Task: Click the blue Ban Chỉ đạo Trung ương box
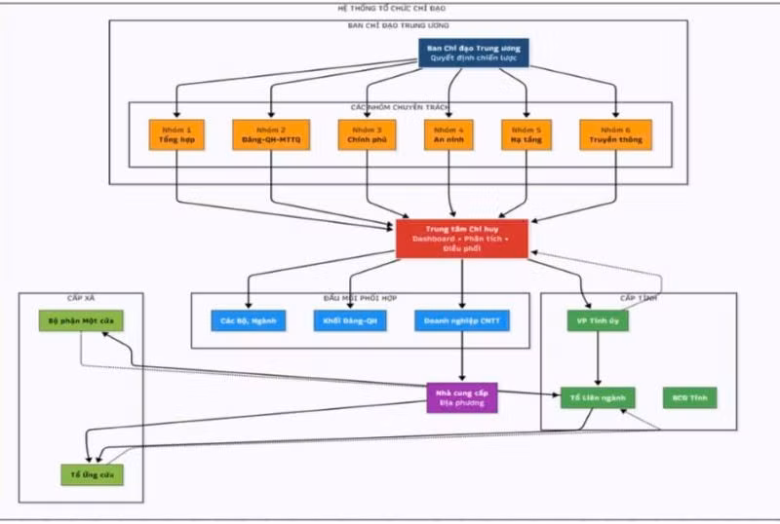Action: point(474,53)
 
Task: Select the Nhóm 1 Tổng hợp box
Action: point(176,134)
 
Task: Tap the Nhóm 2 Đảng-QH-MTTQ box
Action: point(271,134)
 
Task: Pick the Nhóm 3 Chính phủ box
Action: point(366,134)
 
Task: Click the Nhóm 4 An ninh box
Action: point(448,134)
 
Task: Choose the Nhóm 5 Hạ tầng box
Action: point(526,134)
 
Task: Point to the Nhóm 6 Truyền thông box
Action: point(615,134)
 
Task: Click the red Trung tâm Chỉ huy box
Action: point(462,239)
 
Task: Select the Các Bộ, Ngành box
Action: point(248,319)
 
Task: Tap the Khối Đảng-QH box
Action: point(350,319)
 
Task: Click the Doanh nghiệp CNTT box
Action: point(461,319)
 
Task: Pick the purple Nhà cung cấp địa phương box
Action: point(461,396)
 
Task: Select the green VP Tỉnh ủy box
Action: point(598,319)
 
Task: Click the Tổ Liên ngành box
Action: point(598,396)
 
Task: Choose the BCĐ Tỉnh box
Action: point(688,396)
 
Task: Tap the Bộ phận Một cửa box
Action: point(82,319)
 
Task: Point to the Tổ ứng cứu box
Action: point(91,474)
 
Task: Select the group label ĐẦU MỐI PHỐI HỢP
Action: point(360,297)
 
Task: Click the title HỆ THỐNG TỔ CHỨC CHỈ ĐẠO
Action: point(390,7)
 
